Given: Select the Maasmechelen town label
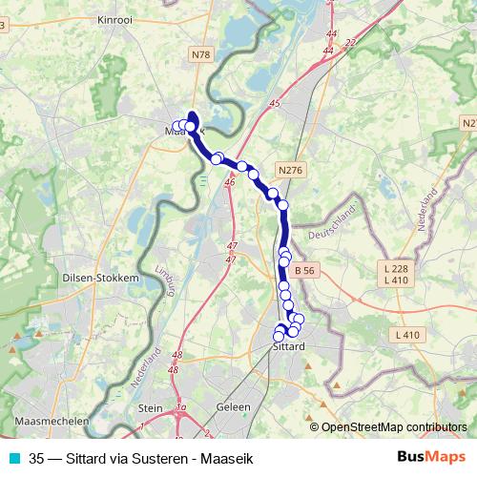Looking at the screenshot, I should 52,421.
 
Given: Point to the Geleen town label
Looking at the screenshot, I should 234,407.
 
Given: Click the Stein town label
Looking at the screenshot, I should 151,407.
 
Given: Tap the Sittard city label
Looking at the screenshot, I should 287,346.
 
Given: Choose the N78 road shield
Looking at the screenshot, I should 201,55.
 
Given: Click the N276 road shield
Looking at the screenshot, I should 291,170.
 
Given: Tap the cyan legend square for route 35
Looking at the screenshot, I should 13,458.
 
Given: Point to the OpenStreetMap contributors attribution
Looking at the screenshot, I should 393,426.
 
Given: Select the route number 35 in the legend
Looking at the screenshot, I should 37,458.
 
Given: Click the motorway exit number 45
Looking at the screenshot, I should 276,102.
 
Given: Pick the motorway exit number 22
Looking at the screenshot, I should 350,43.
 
